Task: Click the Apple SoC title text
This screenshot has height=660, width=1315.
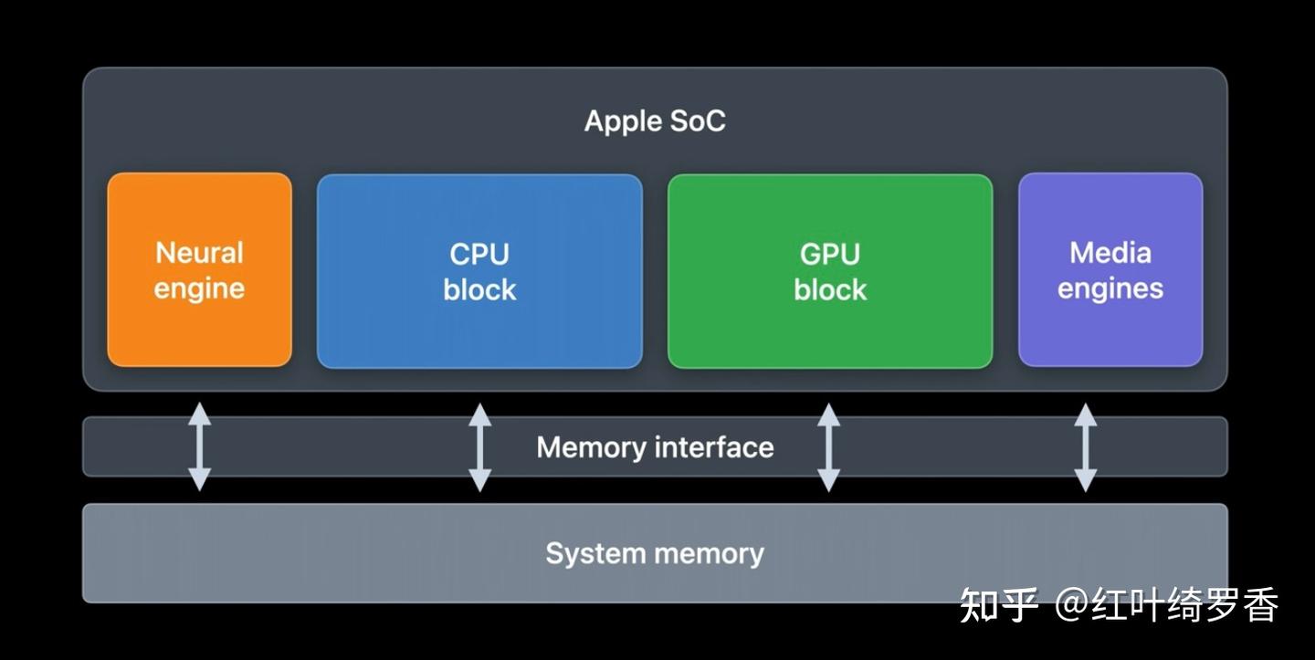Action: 655,120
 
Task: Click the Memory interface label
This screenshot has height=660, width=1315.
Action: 655,447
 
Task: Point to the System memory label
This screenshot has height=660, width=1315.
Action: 655,553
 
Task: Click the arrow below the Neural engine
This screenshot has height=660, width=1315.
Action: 199,447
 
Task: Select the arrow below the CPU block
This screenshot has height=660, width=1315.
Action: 479,447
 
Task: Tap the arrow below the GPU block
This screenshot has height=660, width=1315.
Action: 828,447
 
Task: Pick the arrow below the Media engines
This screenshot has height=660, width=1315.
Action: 1085,447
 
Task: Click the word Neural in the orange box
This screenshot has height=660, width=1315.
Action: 199,253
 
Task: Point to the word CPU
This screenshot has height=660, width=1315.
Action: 479,254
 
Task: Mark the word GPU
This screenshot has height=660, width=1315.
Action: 830,254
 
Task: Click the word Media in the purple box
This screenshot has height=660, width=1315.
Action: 1110,253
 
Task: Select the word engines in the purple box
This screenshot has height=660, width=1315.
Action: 1110,289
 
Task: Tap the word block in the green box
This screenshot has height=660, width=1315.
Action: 830,289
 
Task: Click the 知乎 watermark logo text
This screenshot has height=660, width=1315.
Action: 998,605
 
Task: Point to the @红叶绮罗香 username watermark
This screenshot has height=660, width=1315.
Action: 1167,605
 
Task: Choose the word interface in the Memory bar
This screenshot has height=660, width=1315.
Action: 714,447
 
